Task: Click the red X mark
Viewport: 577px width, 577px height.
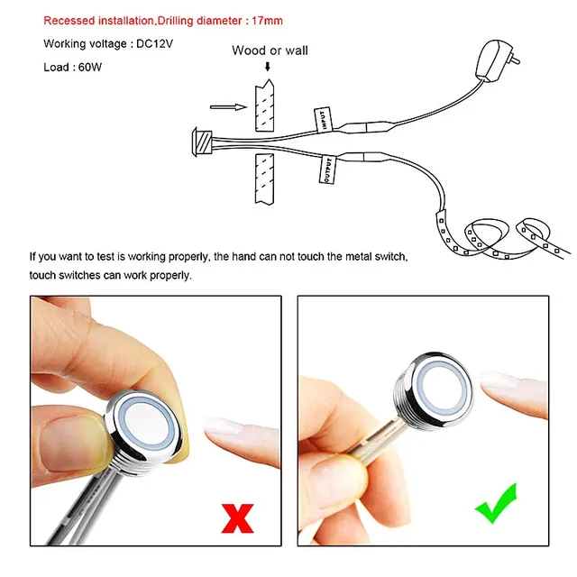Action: [237, 518]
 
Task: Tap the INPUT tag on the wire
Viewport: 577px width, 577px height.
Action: [323, 120]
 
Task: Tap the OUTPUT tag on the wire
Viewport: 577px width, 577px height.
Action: [327, 169]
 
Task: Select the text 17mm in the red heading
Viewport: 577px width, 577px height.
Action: [267, 21]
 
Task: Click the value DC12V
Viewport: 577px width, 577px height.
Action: [154, 44]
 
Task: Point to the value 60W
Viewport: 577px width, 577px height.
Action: [90, 68]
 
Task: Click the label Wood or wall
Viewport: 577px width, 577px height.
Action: [270, 50]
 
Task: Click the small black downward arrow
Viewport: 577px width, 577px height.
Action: [268, 67]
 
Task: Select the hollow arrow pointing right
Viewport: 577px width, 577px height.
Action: [228, 107]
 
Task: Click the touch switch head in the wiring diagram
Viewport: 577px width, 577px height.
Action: [202, 142]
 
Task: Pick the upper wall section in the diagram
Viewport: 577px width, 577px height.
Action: [264, 105]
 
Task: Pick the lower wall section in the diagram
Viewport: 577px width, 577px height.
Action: [264, 179]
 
